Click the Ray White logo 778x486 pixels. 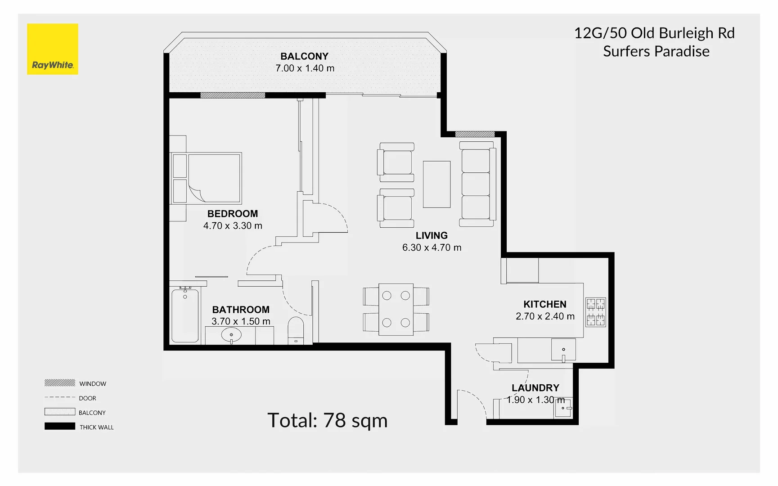(x=53, y=49)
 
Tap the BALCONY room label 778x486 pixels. (x=304, y=56)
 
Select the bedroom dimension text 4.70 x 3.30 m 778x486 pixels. (x=233, y=226)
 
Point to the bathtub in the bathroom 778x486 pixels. (x=185, y=315)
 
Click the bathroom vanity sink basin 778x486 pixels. (x=231, y=335)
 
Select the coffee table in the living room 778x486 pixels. (x=436, y=184)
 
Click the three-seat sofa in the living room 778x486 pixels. (x=477, y=184)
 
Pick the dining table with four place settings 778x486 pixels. (x=396, y=309)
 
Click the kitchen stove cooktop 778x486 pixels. (x=595, y=312)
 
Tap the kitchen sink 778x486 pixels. (x=563, y=350)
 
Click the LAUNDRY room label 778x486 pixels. (x=535, y=388)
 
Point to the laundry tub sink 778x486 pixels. (x=563, y=408)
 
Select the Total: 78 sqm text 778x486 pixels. (x=327, y=420)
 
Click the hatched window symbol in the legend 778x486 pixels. (x=60, y=383)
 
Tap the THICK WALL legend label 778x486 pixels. (x=97, y=427)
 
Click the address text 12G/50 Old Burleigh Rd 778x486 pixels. (x=654, y=33)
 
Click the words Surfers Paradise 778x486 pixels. (x=656, y=51)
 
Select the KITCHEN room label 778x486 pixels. (x=544, y=304)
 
